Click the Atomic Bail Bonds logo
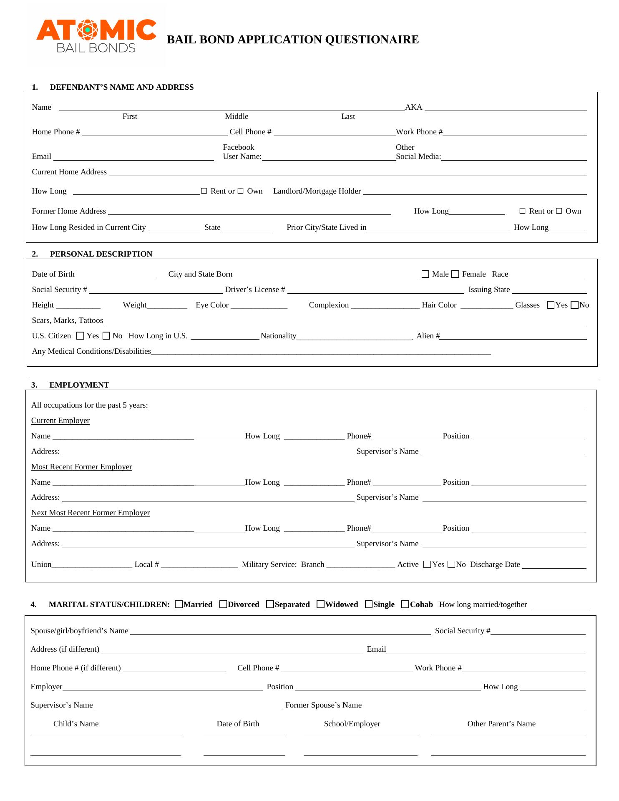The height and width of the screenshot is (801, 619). coord(96,36)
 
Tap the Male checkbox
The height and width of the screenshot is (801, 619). coord(425,274)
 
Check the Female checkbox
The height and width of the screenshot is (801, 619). coord(455,274)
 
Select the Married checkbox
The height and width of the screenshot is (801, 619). coord(179,604)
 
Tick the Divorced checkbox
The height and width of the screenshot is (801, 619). coord(223,604)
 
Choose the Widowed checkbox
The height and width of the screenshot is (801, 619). coord(320,604)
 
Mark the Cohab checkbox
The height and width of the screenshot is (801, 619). coord(405,604)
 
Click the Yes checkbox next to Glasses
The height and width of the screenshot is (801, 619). coord(551,305)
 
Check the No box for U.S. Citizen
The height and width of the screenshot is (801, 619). coord(106,336)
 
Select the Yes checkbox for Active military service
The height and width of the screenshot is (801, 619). coord(427,564)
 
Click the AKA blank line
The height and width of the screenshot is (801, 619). coord(505,108)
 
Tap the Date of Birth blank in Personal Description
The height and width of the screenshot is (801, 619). coord(116,275)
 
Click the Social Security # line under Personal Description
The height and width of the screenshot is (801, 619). coord(156,290)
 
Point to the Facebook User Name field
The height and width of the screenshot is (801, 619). coord(328,157)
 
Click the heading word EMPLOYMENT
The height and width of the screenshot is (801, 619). coord(79,385)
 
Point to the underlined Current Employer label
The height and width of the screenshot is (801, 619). coord(60,421)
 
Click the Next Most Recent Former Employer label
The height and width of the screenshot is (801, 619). coord(91,513)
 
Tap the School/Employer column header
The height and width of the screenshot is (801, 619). coord(352,724)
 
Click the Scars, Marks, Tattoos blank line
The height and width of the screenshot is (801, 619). coord(345,321)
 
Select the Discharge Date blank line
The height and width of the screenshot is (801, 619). coord(554,565)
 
